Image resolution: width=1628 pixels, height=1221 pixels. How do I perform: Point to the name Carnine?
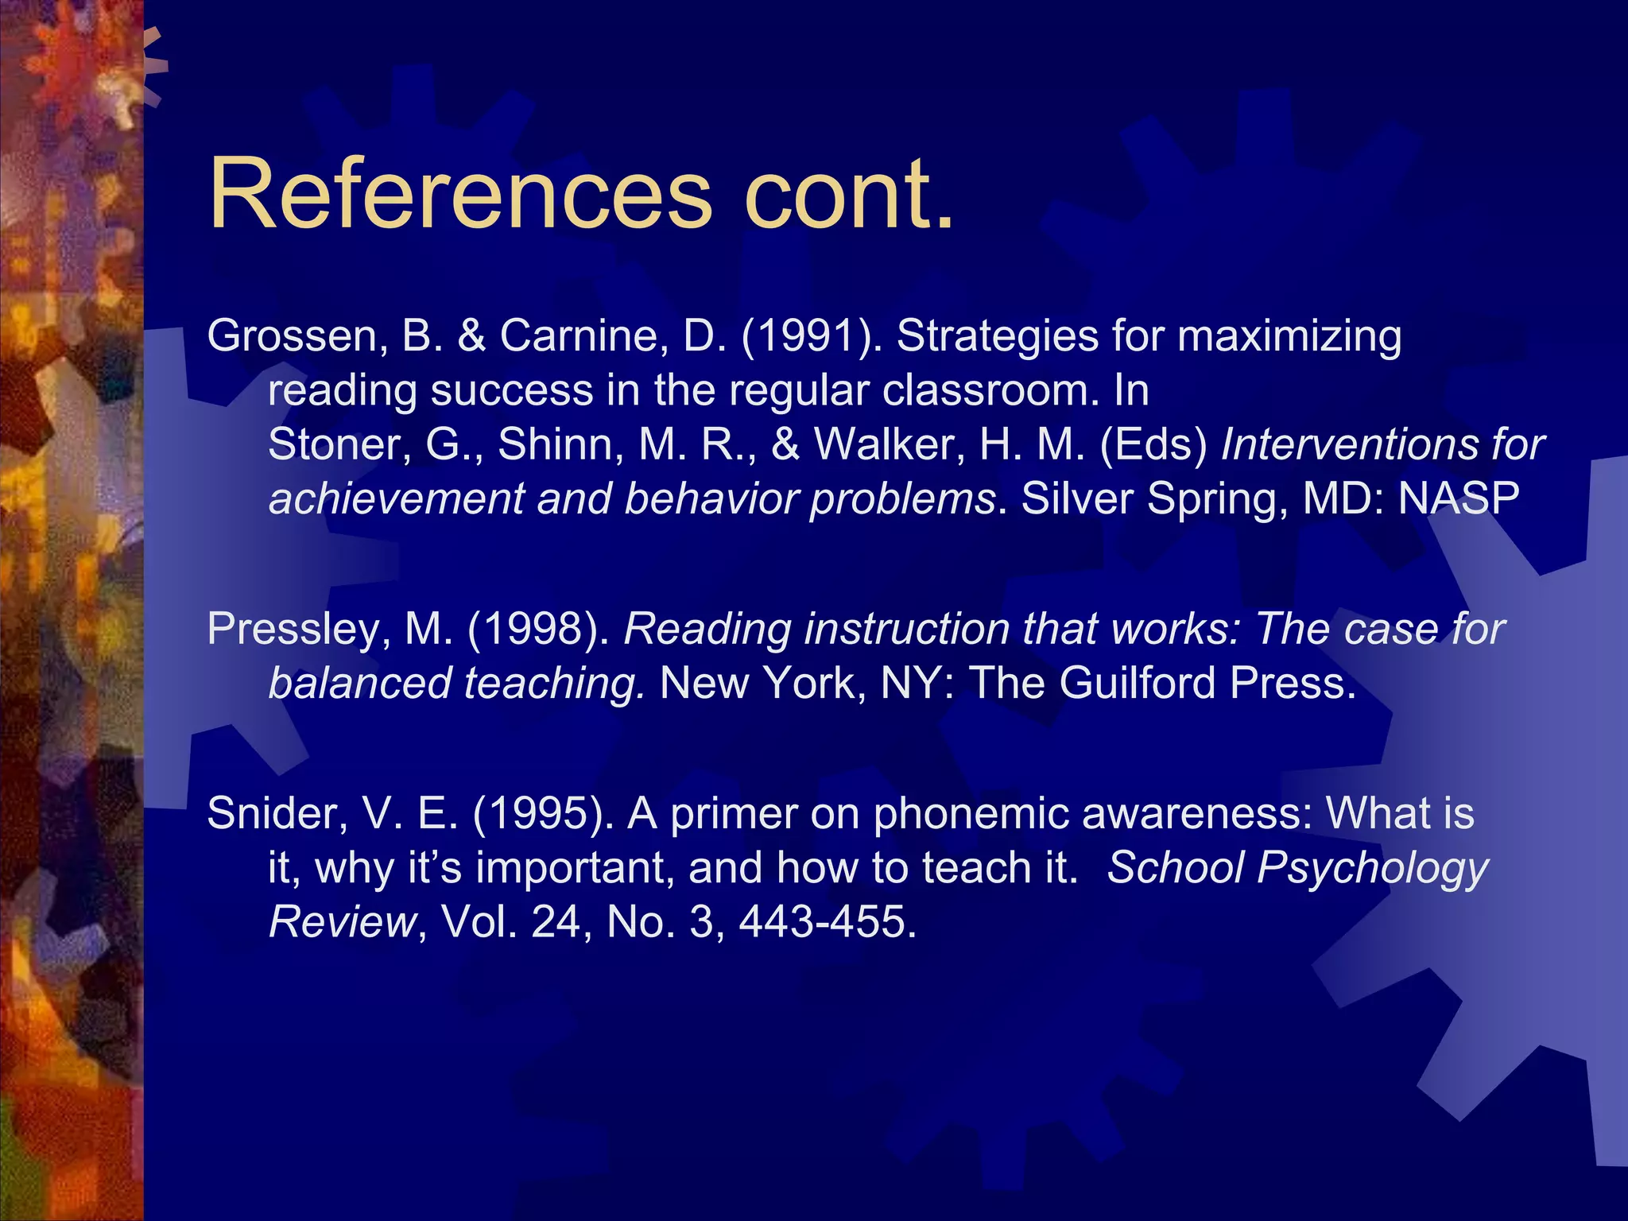(583, 336)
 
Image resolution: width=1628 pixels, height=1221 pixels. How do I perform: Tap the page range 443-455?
(827, 922)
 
